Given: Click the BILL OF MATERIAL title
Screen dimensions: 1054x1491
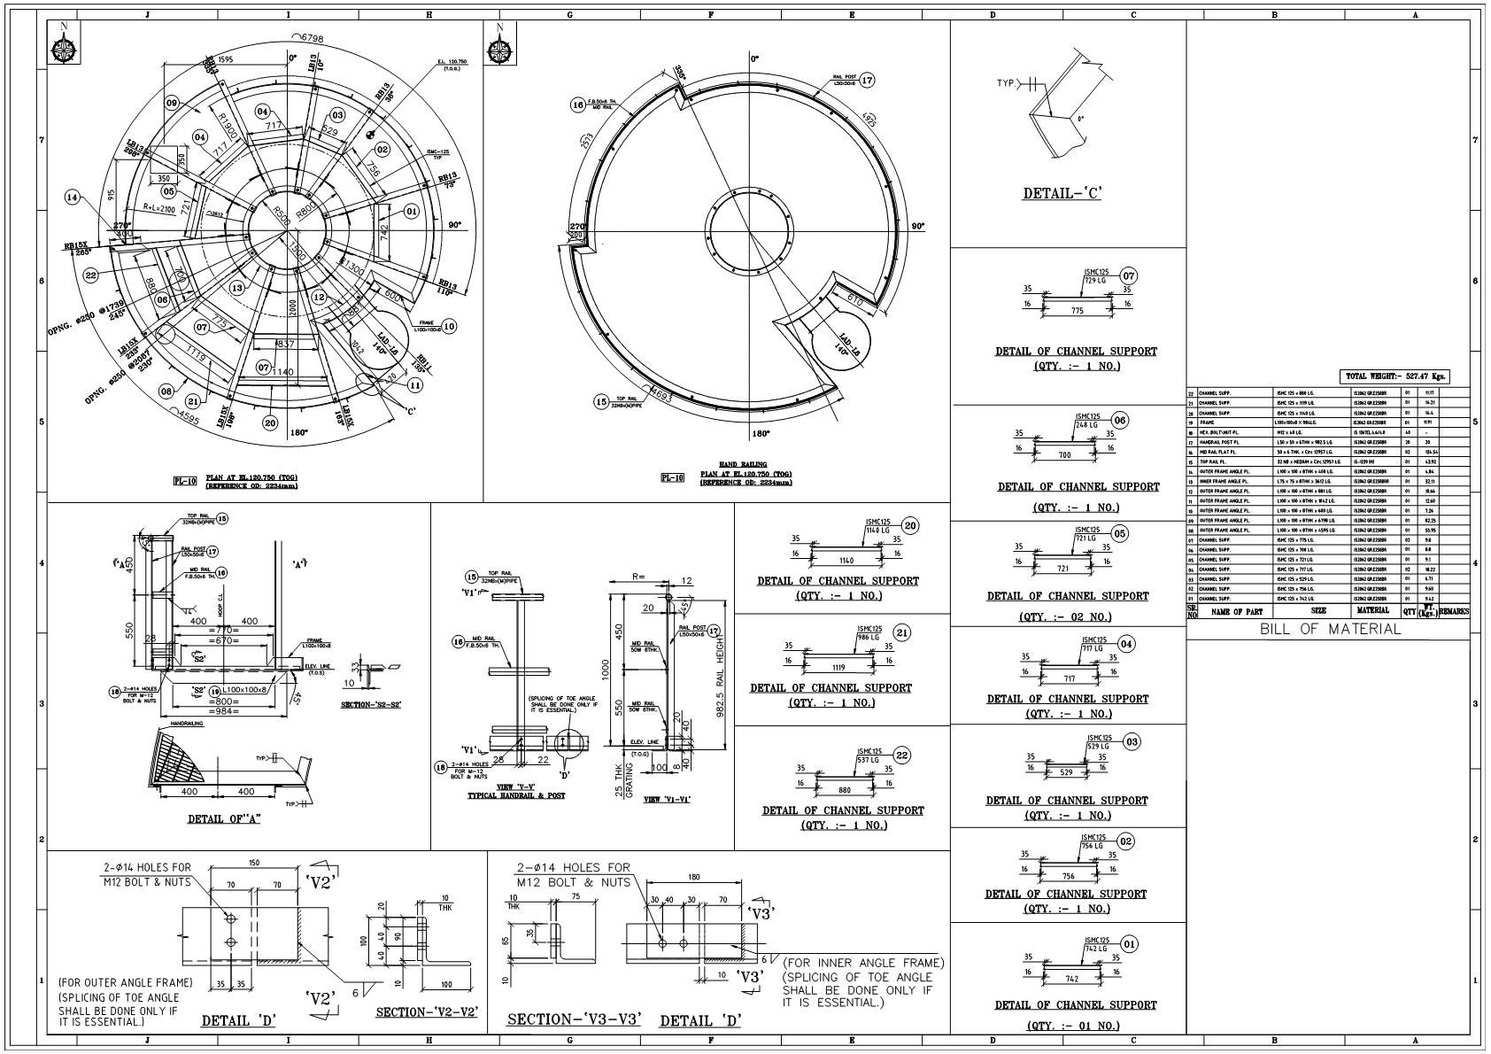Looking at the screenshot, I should pos(1331,630).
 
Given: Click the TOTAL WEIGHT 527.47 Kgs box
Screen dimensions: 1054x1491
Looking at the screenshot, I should pos(1394,376).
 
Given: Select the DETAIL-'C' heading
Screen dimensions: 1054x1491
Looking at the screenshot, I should pos(1062,194).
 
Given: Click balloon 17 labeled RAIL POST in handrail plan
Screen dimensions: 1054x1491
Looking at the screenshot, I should pos(867,81).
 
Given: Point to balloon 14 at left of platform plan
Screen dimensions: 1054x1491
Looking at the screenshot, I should pos(72,198).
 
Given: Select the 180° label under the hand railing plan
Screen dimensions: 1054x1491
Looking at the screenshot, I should pos(761,434).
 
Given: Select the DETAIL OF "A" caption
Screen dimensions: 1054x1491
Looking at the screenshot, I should pos(224,819).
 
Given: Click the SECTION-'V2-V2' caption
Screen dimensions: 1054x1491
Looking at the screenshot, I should pos(427,1011).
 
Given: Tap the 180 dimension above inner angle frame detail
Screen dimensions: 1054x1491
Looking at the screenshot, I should pos(692,878).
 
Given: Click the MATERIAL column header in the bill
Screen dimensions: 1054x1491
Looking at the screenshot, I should pos(1373,611).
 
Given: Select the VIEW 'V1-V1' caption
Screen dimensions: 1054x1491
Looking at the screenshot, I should pos(667,799).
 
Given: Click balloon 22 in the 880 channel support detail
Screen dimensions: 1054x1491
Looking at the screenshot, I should pos(902,755).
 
